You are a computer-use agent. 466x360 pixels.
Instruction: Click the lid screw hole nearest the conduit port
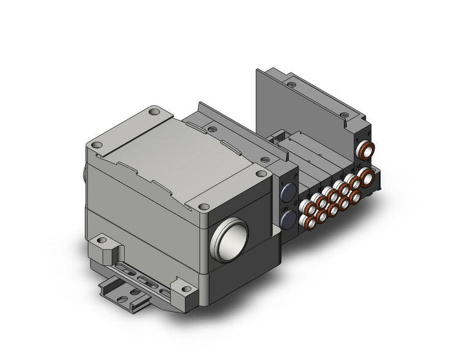(203, 207)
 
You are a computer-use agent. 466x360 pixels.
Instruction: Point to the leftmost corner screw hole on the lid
(96, 145)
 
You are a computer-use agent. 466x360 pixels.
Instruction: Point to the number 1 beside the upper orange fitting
(357, 141)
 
